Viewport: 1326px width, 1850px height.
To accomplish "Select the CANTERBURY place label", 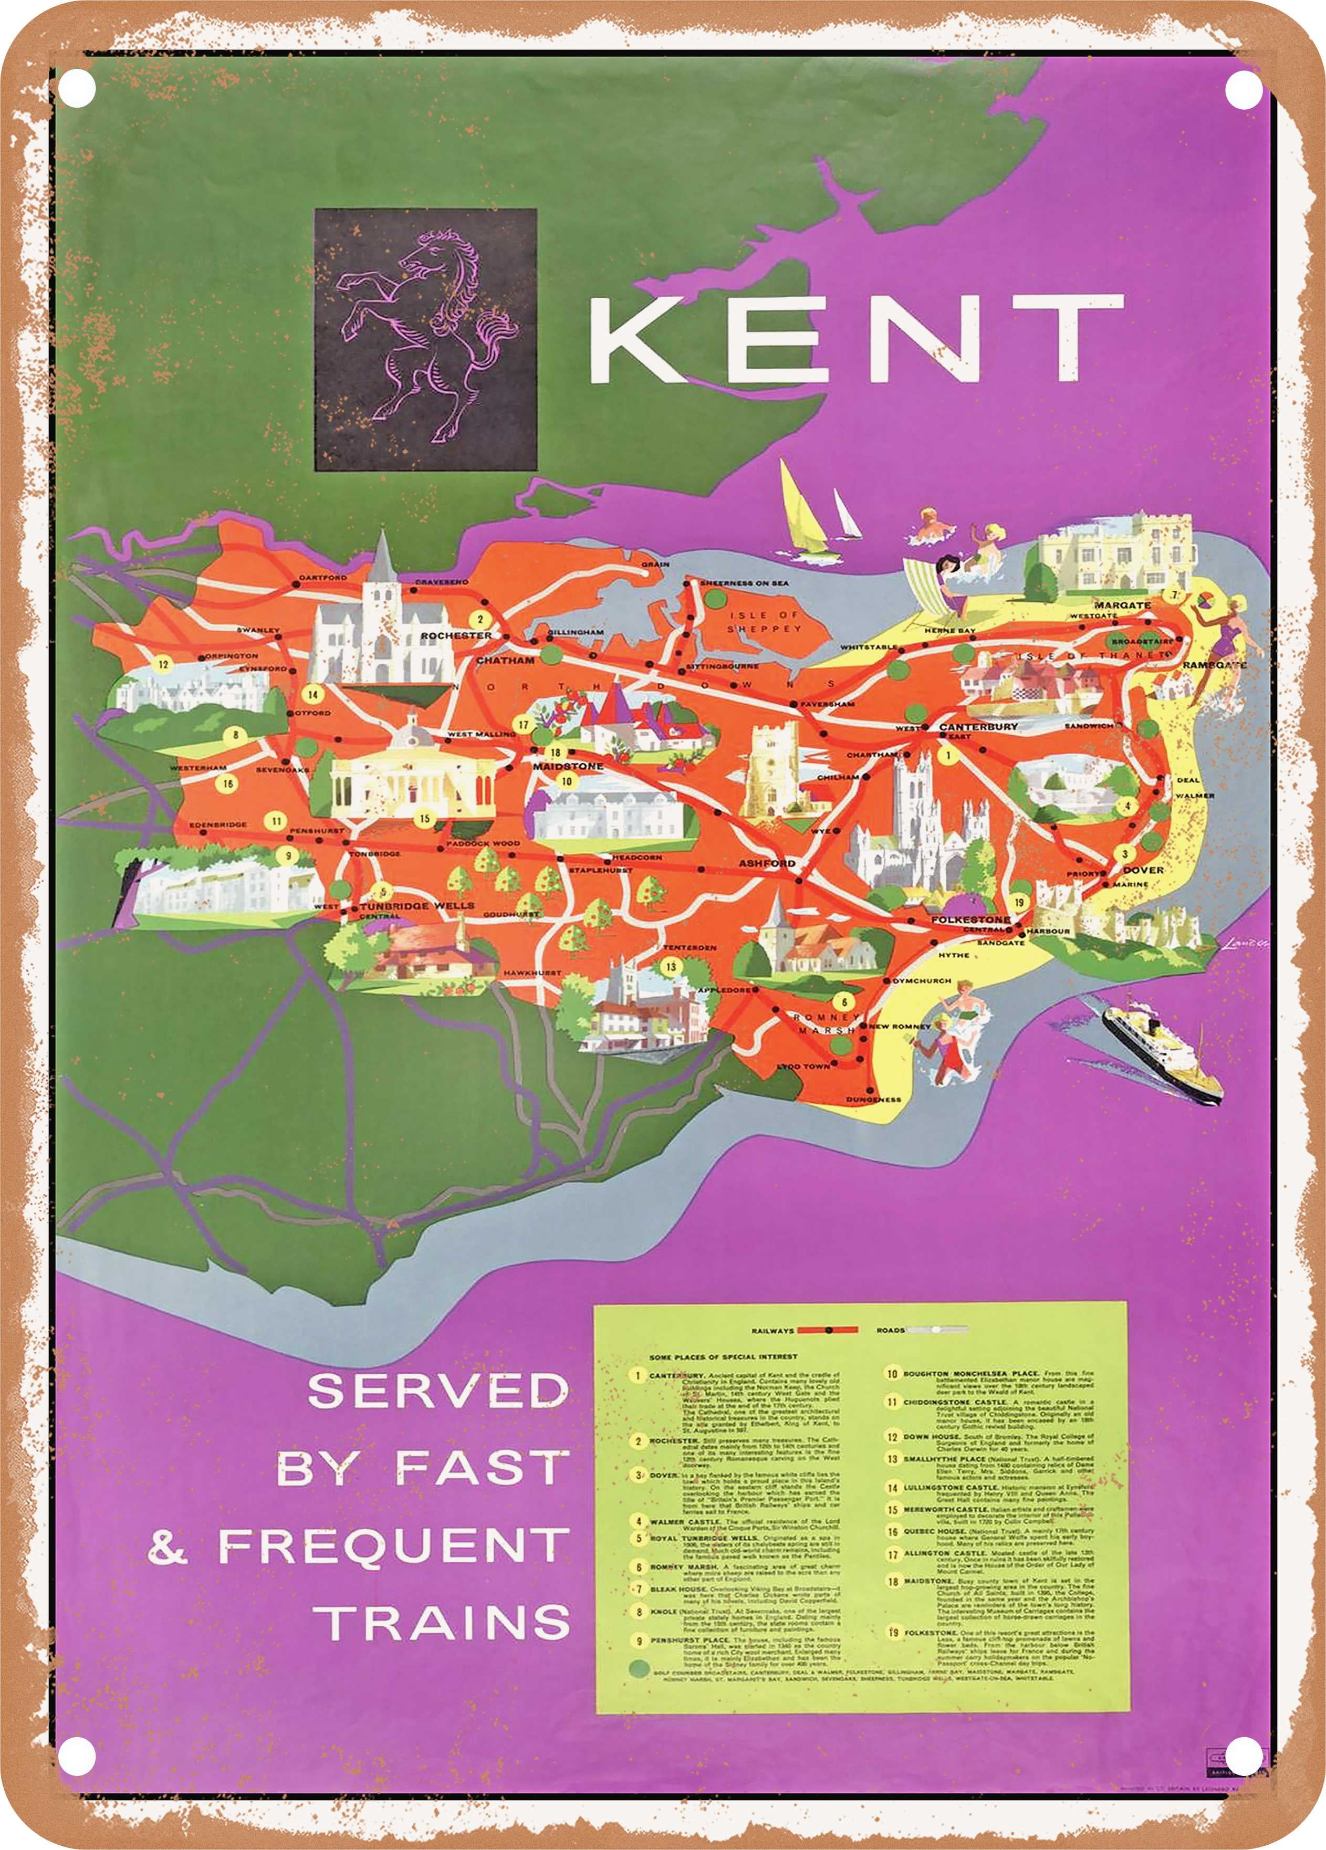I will click(978, 726).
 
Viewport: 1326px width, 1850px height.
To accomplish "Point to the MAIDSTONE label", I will click(568, 766).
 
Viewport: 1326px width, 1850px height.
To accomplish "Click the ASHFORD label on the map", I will click(767, 862).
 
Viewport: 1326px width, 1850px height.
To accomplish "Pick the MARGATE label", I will click(1122, 605).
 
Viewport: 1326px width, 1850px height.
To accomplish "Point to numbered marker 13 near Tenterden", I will click(670, 967).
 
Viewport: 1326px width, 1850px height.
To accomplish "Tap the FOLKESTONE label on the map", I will click(970, 919).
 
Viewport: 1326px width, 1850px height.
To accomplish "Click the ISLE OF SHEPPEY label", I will click(764, 622).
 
